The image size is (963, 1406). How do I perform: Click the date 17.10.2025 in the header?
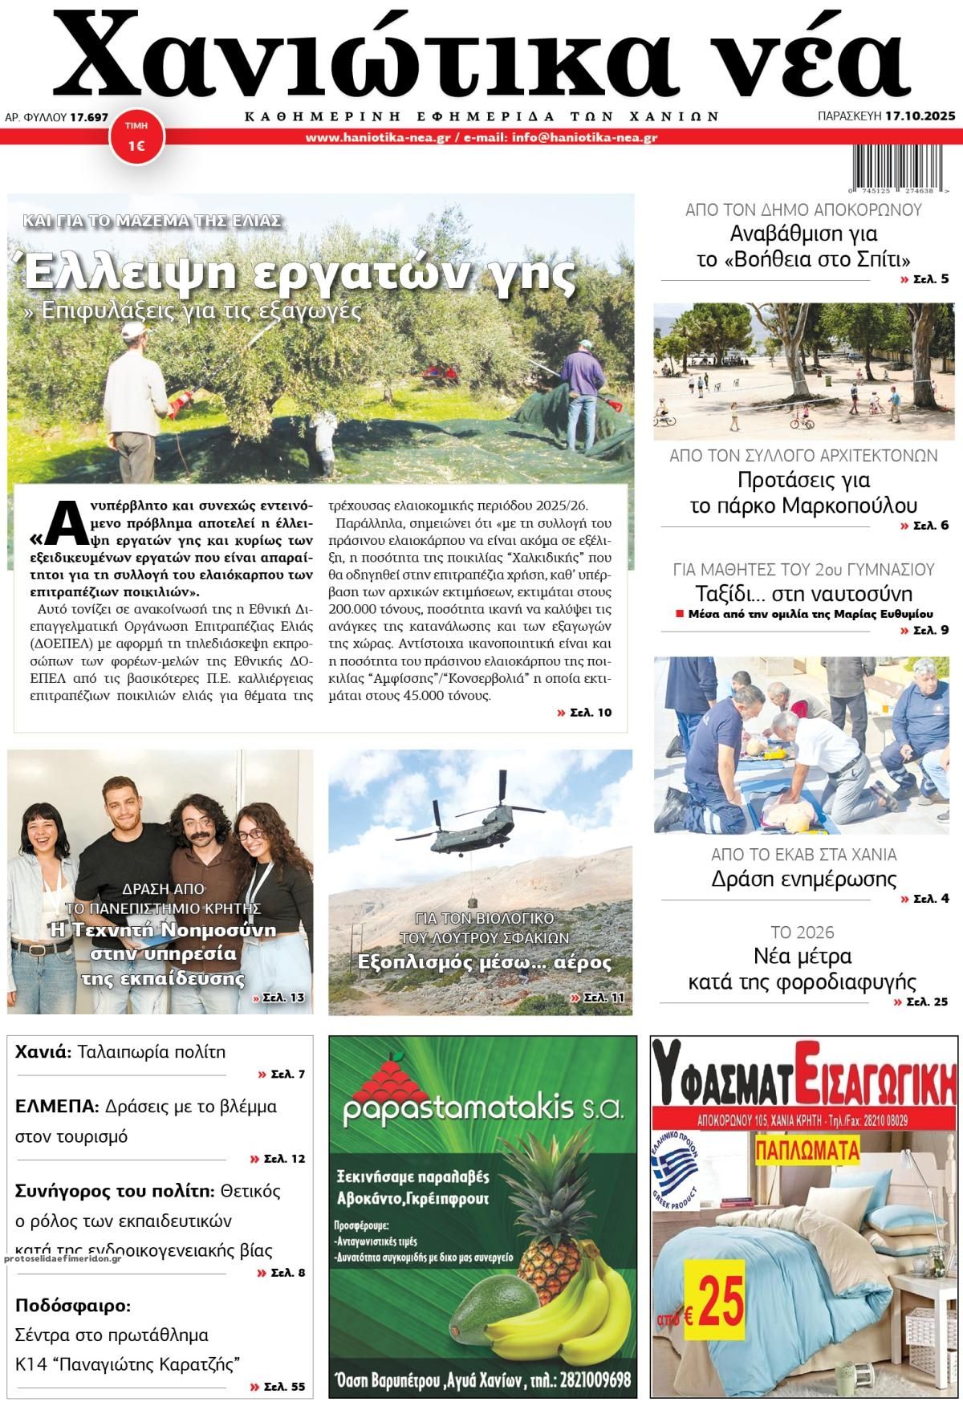(x=920, y=116)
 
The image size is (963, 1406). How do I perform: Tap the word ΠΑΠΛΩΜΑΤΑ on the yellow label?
(x=807, y=1151)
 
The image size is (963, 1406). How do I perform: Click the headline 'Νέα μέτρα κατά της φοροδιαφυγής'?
(x=802, y=969)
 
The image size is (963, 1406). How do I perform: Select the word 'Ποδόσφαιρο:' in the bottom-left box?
(x=73, y=1305)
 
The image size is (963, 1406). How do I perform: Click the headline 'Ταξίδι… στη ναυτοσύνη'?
(x=803, y=594)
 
